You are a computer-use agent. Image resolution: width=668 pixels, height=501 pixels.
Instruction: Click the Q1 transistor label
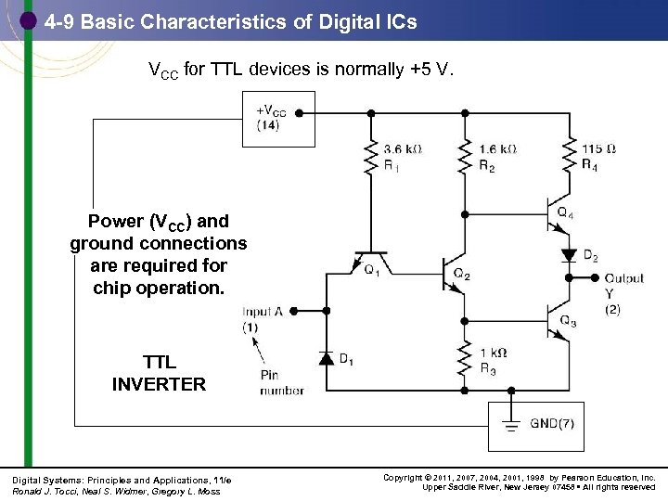372,272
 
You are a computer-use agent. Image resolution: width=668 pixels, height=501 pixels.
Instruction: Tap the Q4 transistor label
565,212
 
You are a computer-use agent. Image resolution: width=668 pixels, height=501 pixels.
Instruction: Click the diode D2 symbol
567,254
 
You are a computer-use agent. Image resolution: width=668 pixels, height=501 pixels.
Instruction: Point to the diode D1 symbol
324,358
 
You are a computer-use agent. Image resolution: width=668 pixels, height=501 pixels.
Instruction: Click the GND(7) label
553,425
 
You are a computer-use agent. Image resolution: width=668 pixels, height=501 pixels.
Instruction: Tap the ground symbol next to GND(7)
508,426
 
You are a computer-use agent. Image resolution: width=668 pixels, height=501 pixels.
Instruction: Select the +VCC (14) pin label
270,119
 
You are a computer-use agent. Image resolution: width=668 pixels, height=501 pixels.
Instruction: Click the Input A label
264,312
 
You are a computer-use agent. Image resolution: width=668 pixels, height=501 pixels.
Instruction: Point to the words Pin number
281,383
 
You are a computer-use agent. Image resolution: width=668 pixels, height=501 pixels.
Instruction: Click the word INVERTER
159,383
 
